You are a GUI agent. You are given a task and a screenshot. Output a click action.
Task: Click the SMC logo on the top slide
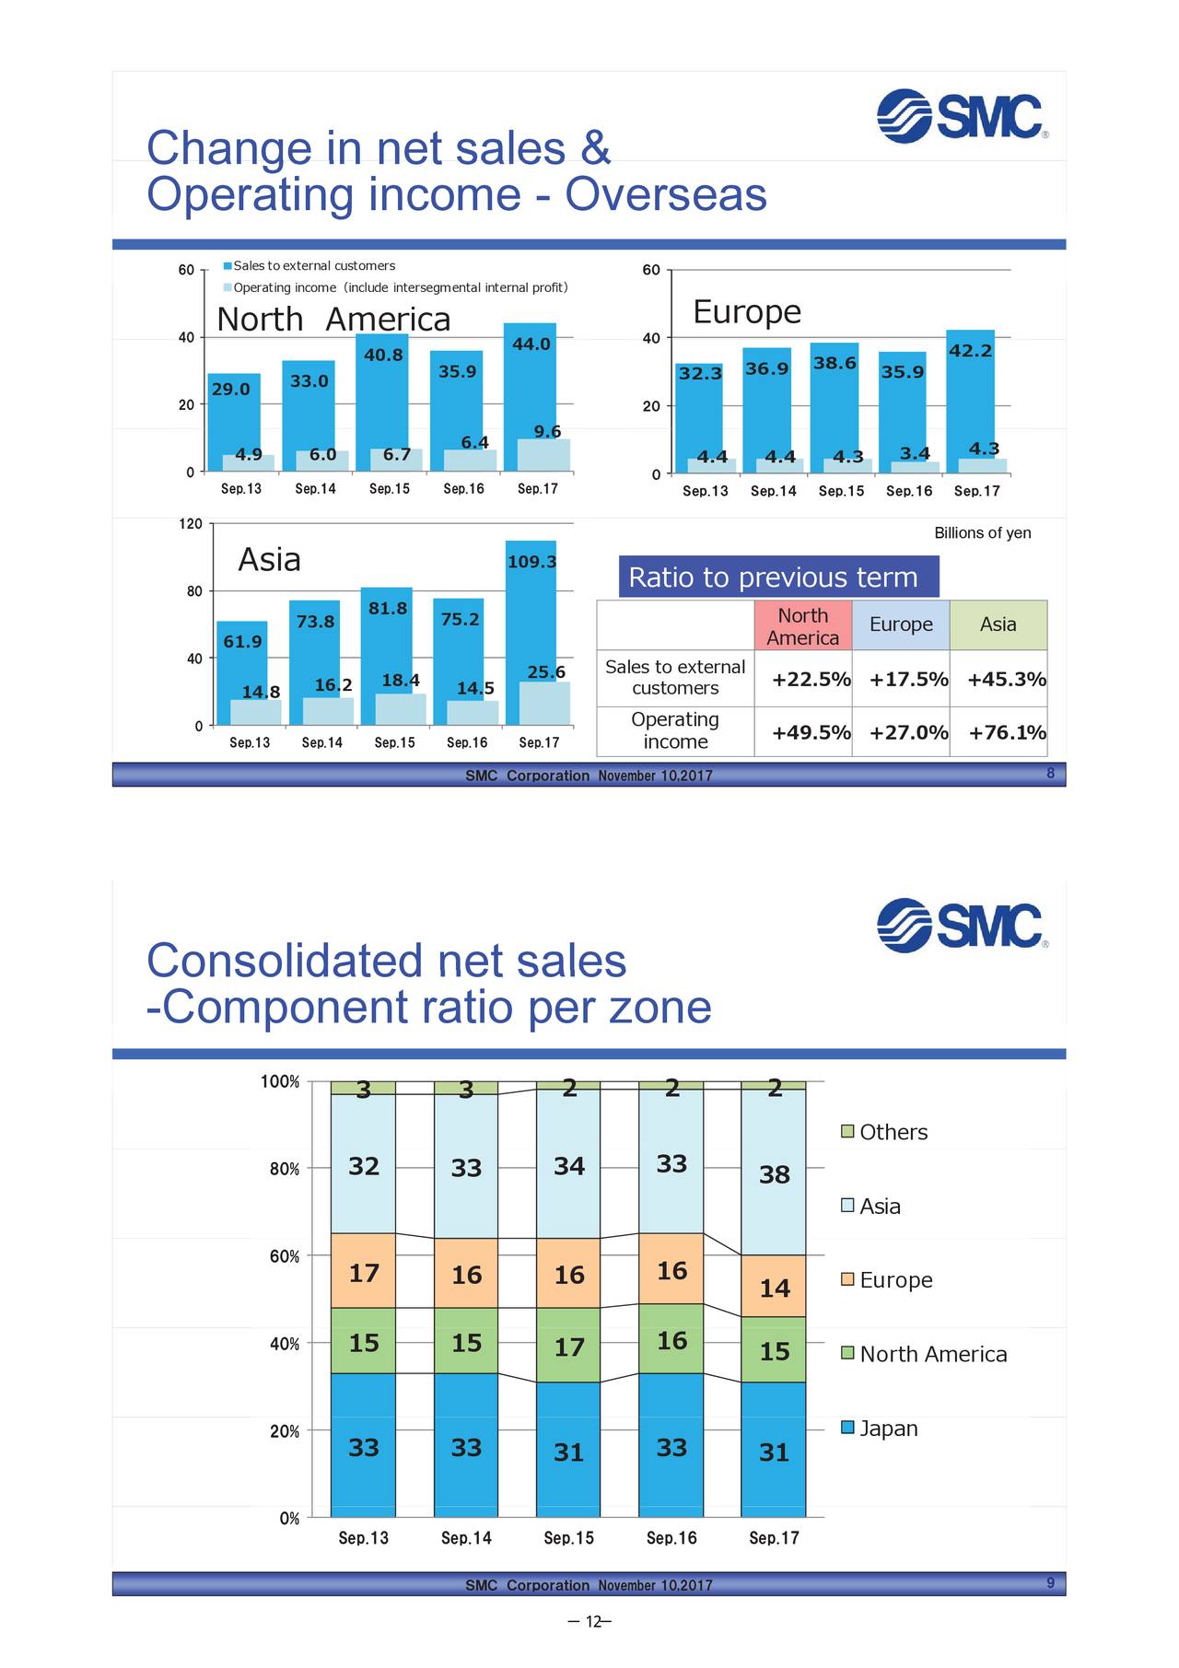pyautogui.click(x=961, y=116)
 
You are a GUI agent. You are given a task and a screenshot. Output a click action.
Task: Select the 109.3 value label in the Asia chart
pyautogui.click(x=531, y=562)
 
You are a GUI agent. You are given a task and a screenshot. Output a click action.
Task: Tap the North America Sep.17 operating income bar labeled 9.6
pyautogui.click(x=543, y=454)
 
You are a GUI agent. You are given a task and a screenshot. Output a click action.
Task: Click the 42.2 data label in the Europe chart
pyautogui.click(x=970, y=351)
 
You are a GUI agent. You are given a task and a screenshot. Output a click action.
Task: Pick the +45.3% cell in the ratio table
pyautogui.click(x=1006, y=680)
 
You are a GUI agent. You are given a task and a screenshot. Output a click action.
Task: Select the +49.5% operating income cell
pyautogui.click(x=811, y=733)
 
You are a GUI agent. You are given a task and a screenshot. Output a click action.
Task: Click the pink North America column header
pyautogui.click(x=802, y=626)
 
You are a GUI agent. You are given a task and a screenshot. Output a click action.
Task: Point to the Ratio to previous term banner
pyautogui.click(x=778, y=577)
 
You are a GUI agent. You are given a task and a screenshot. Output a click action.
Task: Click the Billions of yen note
pyautogui.click(x=982, y=533)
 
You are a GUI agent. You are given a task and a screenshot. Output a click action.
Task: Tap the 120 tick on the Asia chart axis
pyautogui.click(x=190, y=524)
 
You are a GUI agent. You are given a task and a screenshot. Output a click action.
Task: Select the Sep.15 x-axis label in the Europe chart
pyautogui.click(x=841, y=492)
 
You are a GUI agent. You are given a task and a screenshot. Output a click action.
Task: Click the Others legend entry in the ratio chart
pyautogui.click(x=885, y=1132)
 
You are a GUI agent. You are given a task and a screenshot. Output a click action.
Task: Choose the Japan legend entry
pyautogui.click(x=881, y=1429)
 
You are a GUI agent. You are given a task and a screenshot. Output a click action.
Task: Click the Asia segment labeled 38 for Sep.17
pyautogui.click(x=774, y=1174)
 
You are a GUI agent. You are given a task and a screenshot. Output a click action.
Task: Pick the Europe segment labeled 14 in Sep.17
pyautogui.click(x=774, y=1288)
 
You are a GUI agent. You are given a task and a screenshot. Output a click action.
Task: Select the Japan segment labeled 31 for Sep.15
pyautogui.click(x=568, y=1452)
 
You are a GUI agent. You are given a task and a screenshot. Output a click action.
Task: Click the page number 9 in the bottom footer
pyautogui.click(x=1050, y=1583)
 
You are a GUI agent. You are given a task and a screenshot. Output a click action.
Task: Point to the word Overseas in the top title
pyautogui.click(x=665, y=195)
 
